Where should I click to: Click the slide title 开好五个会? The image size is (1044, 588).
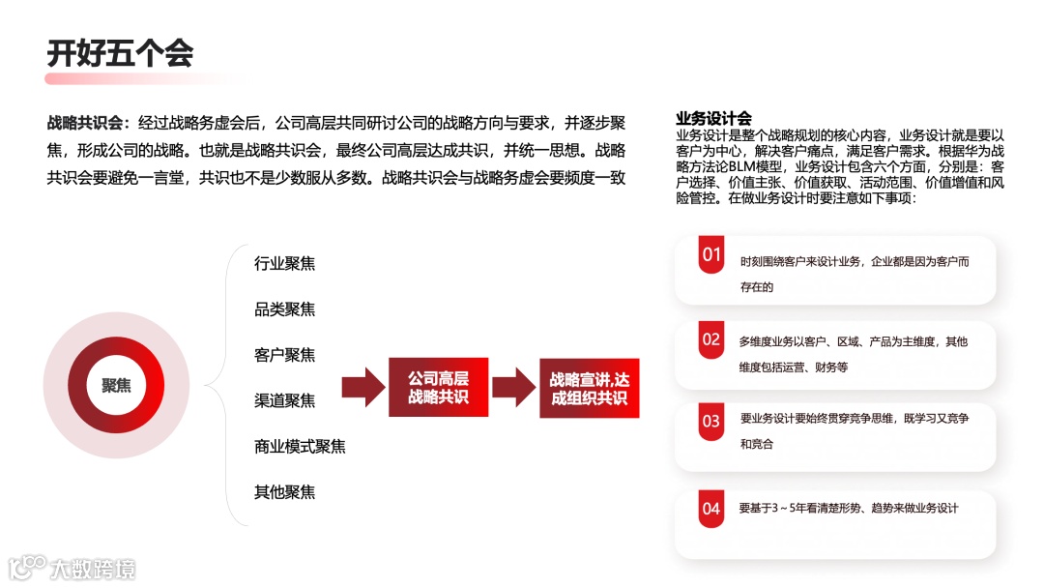coord(120,53)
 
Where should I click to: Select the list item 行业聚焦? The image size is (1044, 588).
coord(284,263)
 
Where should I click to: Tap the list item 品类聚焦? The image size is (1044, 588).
coord(284,309)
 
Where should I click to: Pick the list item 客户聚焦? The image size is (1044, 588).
coord(284,355)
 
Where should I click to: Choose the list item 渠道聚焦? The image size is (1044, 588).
coord(284,400)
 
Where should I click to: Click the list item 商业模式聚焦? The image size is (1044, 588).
coord(300,446)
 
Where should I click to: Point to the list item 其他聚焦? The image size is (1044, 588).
coord(284,491)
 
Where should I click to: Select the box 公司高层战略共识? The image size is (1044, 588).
coord(438,387)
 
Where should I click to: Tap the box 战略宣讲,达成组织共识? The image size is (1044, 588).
coord(589,389)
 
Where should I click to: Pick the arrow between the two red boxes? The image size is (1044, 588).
coord(513,387)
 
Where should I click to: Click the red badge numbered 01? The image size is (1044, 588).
coord(712,256)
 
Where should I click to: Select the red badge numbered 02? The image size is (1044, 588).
coord(711,340)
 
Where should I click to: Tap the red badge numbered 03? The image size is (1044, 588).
coord(711,422)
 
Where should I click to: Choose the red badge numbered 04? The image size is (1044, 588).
coord(711,509)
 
